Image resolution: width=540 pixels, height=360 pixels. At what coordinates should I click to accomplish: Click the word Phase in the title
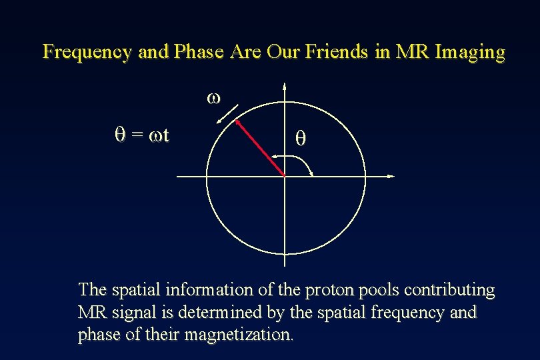[199, 52]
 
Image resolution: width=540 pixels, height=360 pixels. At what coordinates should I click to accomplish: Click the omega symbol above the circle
[213, 97]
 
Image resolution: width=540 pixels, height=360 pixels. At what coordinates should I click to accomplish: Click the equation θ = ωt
[141, 135]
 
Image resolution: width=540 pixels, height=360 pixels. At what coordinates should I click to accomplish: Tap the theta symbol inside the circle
[301, 139]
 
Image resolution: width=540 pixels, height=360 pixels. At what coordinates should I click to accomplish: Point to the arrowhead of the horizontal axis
[391, 176]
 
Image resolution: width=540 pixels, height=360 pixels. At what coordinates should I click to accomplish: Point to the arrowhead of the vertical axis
[285, 85]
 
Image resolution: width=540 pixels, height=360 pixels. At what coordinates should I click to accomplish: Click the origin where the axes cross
[285, 176]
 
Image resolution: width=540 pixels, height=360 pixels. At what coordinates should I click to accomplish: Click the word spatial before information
[131, 291]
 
